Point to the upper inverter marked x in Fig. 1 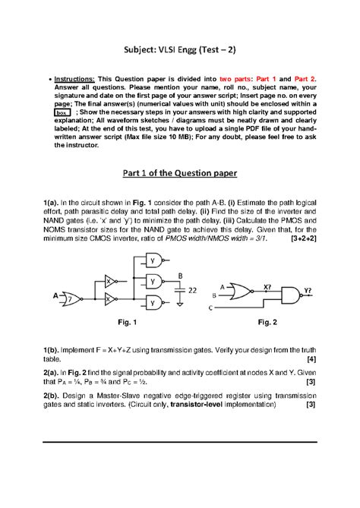coord(111,279)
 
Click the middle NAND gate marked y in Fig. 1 coord(153,280)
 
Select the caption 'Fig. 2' coord(269,323)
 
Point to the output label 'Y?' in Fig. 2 coord(308,289)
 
